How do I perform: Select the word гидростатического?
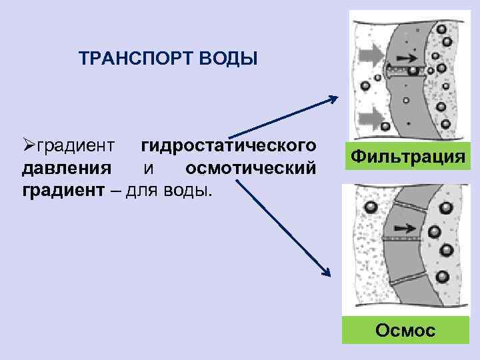(227, 145)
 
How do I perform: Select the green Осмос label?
(405, 329)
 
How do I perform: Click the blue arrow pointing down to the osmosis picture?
(283, 226)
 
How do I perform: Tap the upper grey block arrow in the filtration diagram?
(370, 53)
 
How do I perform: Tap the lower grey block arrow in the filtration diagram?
(370, 120)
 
